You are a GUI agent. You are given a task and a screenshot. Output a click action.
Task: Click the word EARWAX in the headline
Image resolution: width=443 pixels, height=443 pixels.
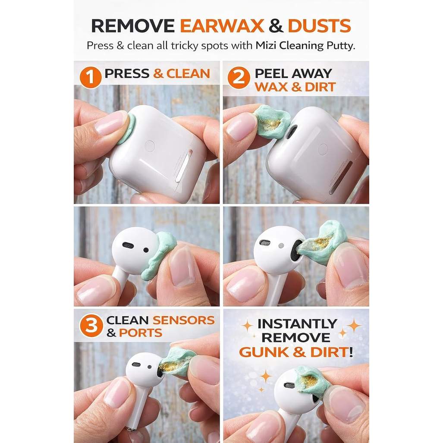point(222,26)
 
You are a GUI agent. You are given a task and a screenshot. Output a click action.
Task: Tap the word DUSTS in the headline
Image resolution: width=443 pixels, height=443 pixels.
point(319,26)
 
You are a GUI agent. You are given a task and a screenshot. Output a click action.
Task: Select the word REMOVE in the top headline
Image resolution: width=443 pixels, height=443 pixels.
point(133,26)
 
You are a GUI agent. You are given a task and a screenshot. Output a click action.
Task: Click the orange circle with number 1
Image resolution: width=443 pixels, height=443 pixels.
point(91,77)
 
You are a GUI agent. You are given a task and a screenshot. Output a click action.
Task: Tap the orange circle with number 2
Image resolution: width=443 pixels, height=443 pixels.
point(239,77)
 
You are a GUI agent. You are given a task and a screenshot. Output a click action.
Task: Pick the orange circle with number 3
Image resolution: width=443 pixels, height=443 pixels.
point(91,326)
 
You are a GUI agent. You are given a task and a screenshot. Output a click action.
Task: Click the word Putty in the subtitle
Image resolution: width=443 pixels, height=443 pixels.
point(340,46)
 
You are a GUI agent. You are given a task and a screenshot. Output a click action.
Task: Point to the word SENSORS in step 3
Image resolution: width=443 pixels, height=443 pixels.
point(184,320)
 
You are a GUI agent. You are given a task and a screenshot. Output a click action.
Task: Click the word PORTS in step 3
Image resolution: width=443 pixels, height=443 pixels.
point(141,333)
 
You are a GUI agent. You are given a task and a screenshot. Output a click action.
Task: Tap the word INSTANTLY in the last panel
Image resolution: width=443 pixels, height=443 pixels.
point(297,324)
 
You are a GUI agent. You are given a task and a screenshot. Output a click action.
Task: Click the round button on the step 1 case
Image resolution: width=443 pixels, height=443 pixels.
point(149,146)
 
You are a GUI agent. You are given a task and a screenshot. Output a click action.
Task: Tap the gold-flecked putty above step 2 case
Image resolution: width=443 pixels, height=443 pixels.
point(272,122)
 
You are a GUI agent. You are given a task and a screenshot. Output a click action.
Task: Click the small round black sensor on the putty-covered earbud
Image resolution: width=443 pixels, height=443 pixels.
point(146,250)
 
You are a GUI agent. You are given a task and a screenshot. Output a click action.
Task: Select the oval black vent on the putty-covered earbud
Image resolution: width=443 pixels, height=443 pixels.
point(128,245)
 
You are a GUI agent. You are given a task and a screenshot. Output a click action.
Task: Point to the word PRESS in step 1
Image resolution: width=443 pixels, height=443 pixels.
point(127,73)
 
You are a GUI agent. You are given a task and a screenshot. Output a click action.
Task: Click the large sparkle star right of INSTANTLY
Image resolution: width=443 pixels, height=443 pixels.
point(354,326)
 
